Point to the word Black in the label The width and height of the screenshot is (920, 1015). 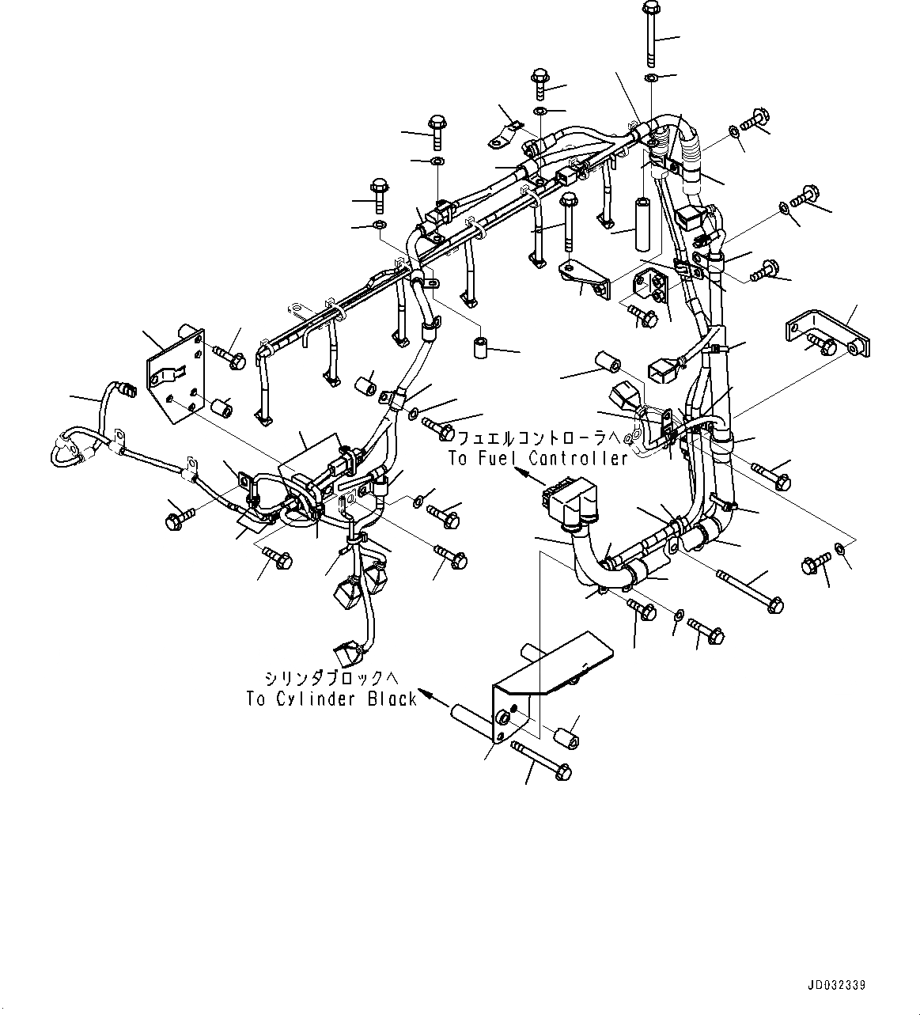pyautogui.click(x=392, y=699)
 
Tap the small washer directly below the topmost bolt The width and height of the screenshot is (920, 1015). pyautogui.click(x=649, y=78)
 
